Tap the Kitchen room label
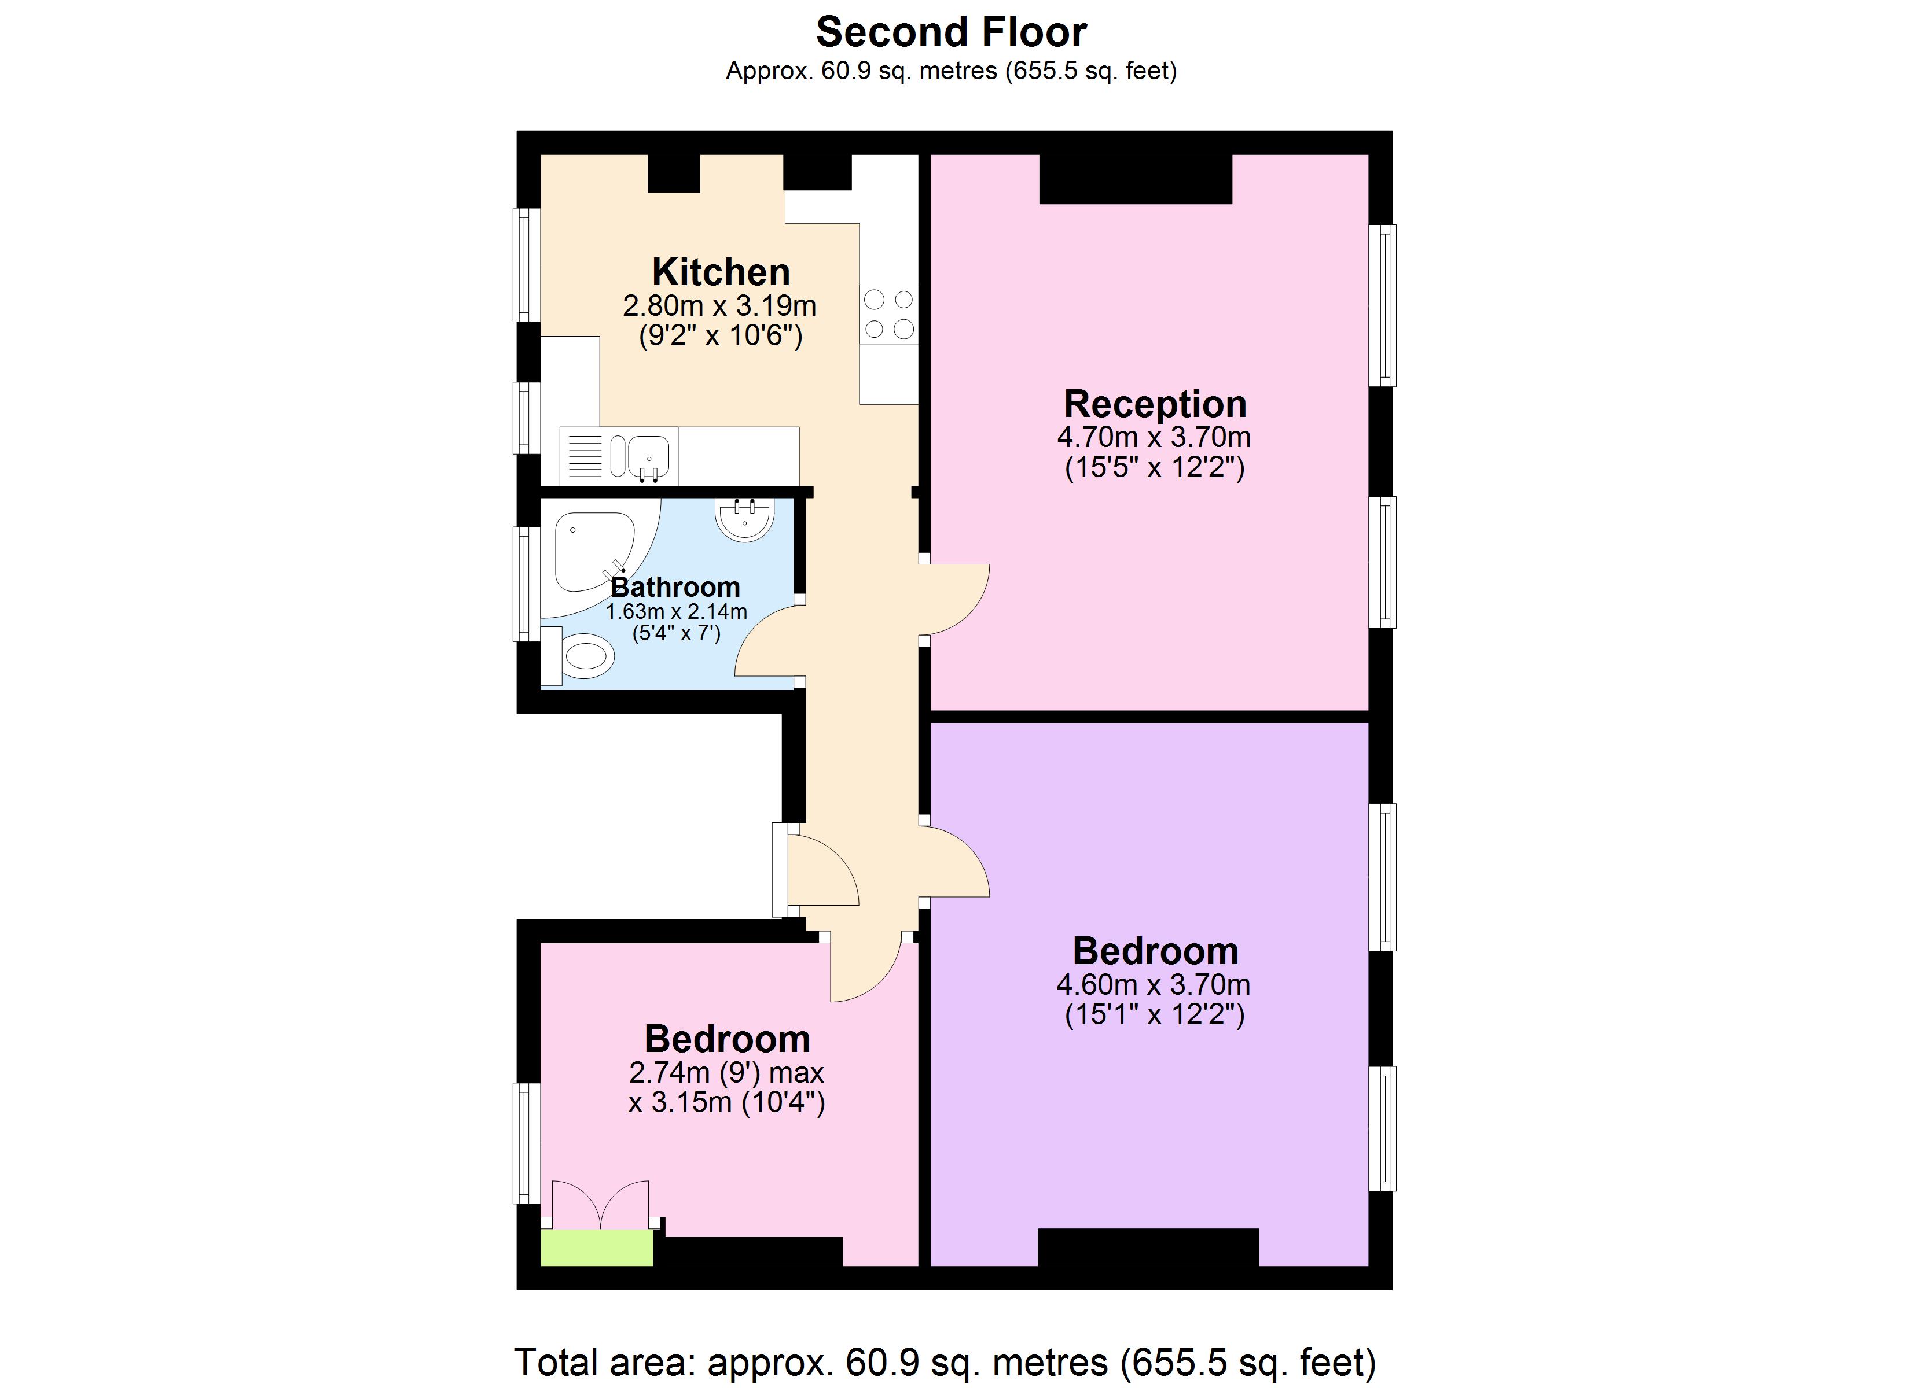(721, 272)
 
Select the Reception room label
(1155, 404)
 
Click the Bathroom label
(675, 586)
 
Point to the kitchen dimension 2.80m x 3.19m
(719, 305)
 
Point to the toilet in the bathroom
(585, 655)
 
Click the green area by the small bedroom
(596, 1247)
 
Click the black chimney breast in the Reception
(1135, 179)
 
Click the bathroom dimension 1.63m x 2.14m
(676, 611)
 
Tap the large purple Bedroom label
(1155, 951)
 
